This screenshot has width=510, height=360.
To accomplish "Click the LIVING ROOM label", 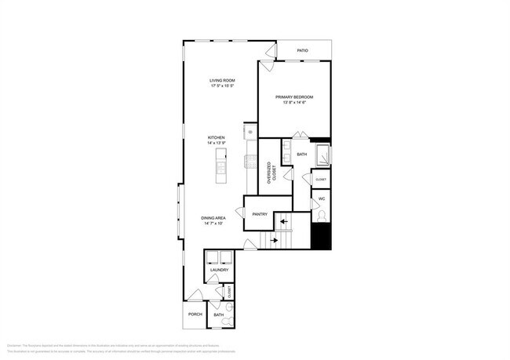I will pyautogui.click(x=222, y=81).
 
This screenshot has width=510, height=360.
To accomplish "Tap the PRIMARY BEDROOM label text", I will pyautogui.click(x=293, y=96).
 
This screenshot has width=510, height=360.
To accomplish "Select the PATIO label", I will pyautogui.click(x=302, y=51).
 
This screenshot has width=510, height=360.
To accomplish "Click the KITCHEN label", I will pyautogui.click(x=217, y=137).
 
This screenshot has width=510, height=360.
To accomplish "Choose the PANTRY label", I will pyautogui.click(x=260, y=213).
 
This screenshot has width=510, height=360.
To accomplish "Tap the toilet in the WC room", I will pyautogui.click(x=321, y=215).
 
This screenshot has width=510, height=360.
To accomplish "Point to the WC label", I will pyautogui.click(x=321, y=199).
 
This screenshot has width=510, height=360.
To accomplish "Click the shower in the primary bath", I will pyautogui.click(x=322, y=155).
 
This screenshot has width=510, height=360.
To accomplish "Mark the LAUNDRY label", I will pyautogui.click(x=219, y=270).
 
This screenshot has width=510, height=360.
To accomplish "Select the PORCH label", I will pyautogui.click(x=195, y=315).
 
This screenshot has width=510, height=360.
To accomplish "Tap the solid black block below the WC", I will pyautogui.click(x=321, y=236).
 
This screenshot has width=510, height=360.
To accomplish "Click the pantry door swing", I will pyautogui.click(x=252, y=202).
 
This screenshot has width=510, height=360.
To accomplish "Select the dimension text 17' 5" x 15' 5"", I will pyautogui.click(x=222, y=86).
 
